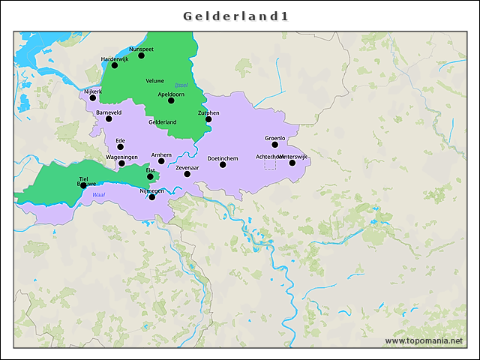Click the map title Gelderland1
(x=236, y=16)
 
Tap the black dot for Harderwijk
(x=115, y=65)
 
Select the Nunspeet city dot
(x=141, y=55)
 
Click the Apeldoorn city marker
(x=171, y=100)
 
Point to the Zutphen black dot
(x=208, y=119)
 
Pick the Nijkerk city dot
(x=93, y=97)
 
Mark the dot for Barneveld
(x=109, y=118)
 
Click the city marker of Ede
(x=120, y=147)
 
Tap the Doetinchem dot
(x=223, y=164)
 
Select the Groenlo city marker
(x=275, y=145)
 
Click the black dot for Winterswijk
(x=292, y=163)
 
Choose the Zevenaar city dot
(x=187, y=174)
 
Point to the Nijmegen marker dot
(x=152, y=197)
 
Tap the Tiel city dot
(x=83, y=185)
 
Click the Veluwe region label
(x=154, y=80)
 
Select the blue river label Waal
(x=98, y=195)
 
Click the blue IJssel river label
(x=181, y=85)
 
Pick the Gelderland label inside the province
(x=162, y=121)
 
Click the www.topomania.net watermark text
(x=424, y=341)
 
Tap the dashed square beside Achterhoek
(x=270, y=163)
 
